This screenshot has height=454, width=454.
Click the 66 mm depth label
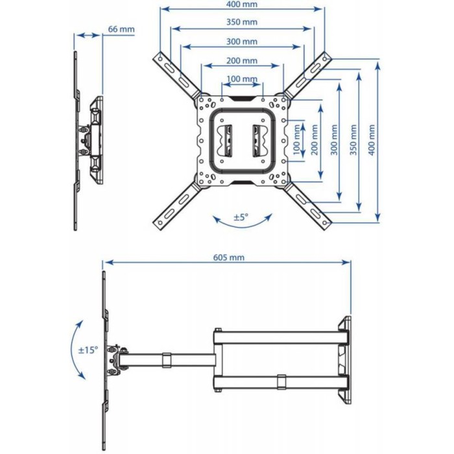pyautogui.click(x=121, y=29)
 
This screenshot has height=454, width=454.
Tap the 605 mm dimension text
pyautogui.click(x=229, y=257)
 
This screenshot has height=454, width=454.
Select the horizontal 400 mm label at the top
pyautogui.click(x=242, y=5)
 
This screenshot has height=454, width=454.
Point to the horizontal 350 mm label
pyautogui.click(x=242, y=21)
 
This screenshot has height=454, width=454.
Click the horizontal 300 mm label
pyautogui.click(x=242, y=42)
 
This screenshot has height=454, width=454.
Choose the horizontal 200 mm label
pyautogui.click(x=242, y=60)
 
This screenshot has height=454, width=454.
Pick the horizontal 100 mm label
pyautogui.click(x=242, y=78)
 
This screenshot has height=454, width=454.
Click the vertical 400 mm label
pyautogui.click(x=372, y=140)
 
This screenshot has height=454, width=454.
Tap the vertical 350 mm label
pyautogui.click(x=353, y=140)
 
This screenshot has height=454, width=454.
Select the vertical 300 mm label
pyautogui.click(x=334, y=140)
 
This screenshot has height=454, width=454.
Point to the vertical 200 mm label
pyautogui.click(x=315, y=140)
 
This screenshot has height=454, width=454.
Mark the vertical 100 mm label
pyautogui.click(x=296, y=140)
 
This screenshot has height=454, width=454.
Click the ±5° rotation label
pyautogui.click(x=241, y=217)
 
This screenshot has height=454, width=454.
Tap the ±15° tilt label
pyautogui.click(x=88, y=350)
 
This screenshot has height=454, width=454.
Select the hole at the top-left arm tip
pyautogui.click(x=160, y=59)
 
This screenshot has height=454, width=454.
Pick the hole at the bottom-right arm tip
pyautogui.click(x=325, y=223)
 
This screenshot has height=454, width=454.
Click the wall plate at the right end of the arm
pyautogui.click(x=345, y=360)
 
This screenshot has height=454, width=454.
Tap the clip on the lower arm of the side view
pyautogui.click(x=281, y=382)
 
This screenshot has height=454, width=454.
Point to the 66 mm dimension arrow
pyautogui.click(x=88, y=35)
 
